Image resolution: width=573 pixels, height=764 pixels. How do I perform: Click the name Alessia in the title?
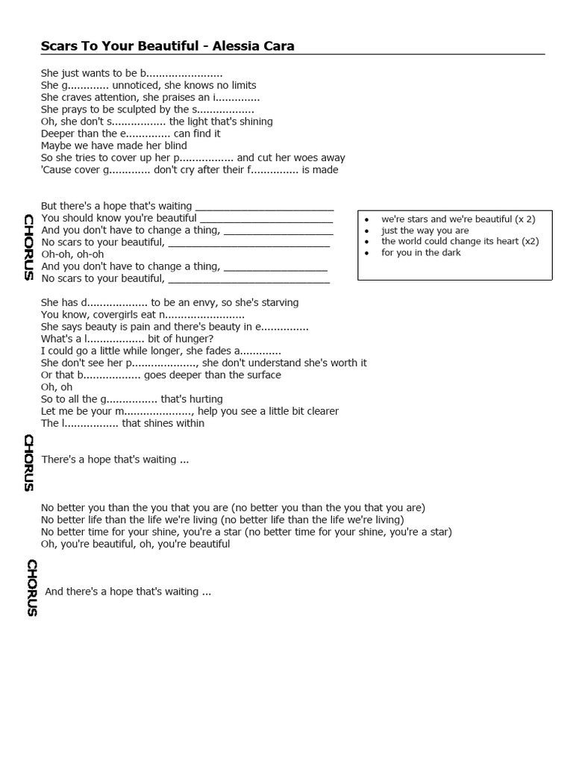[234, 46]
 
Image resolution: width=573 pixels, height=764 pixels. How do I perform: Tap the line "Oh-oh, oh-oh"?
[72, 254]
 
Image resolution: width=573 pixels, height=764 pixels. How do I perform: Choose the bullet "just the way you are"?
[425, 231]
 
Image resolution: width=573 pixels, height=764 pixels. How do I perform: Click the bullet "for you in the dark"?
[421, 253]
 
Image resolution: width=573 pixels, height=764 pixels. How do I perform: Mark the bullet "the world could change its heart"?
[449, 242]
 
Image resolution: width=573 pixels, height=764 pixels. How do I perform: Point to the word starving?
[278, 303]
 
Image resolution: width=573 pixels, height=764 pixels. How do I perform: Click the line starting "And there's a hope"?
[128, 592]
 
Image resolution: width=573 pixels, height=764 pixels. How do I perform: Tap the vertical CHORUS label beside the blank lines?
[28, 246]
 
